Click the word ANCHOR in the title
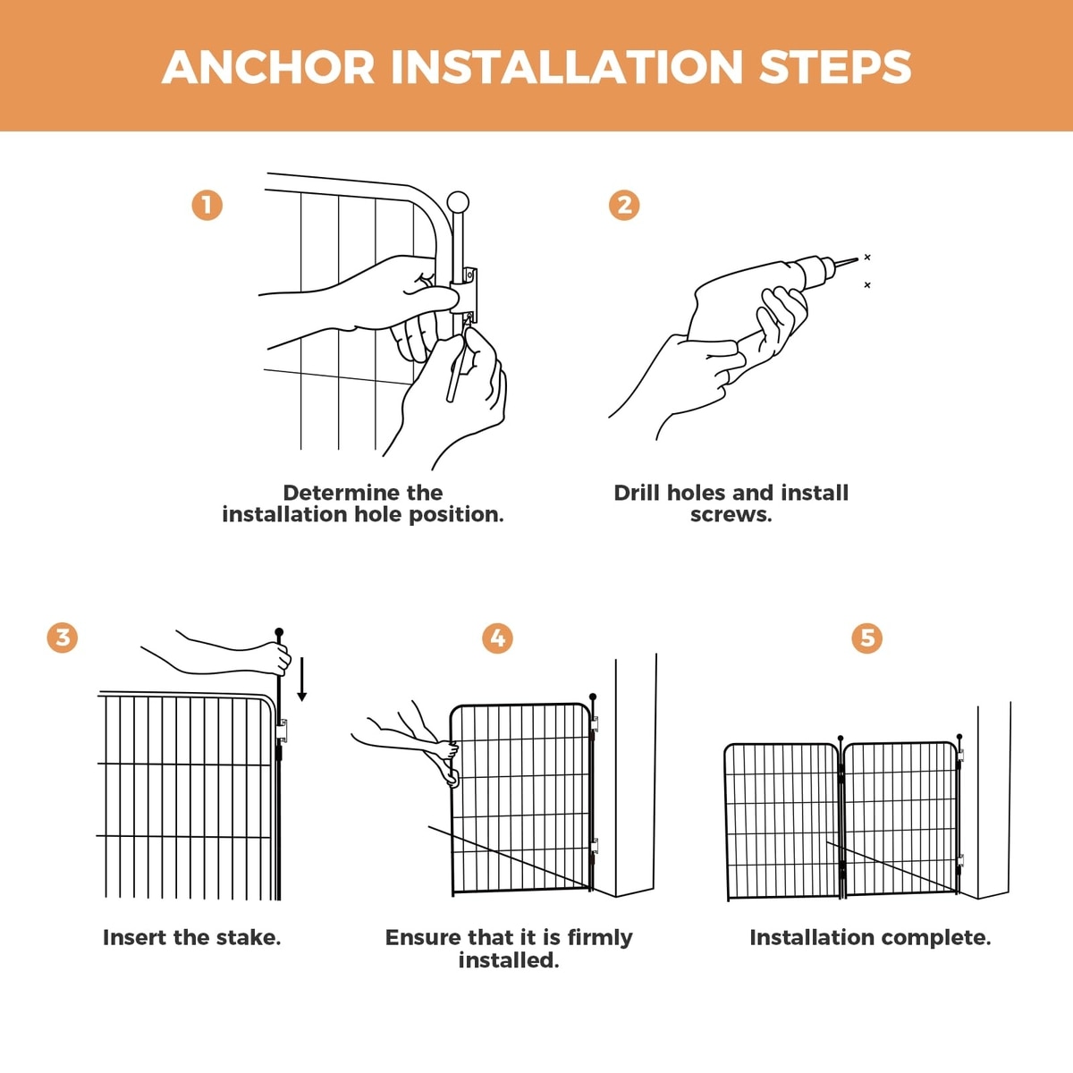coord(268,67)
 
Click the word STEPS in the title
coord(835,67)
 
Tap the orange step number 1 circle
coord(207,206)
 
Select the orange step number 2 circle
coord(624,206)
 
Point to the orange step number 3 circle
coord(63,638)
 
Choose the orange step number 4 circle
coord(498,638)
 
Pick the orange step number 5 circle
coord(867,638)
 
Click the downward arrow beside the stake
coord(302,679)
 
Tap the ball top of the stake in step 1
coord(458,201)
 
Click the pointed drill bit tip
coord(857,259)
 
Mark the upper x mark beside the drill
coord(867,258)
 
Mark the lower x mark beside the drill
coord(867,285)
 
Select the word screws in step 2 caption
coord(731,515)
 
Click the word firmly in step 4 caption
coord(600,939)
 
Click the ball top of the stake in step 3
coord(279,632)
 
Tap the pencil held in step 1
coord(458,363)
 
